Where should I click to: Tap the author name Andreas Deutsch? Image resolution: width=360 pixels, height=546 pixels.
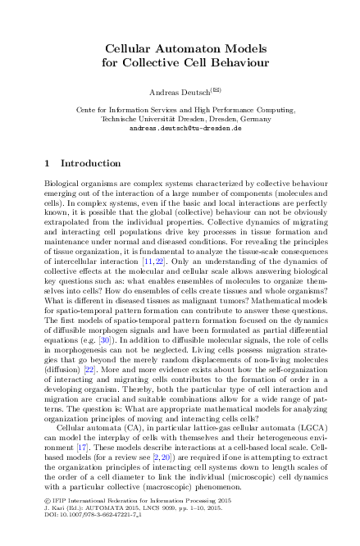pyautogui.click(x=175, y=91)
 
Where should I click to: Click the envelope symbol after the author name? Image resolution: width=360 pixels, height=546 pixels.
pyautogui.click(x=216, y=89)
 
